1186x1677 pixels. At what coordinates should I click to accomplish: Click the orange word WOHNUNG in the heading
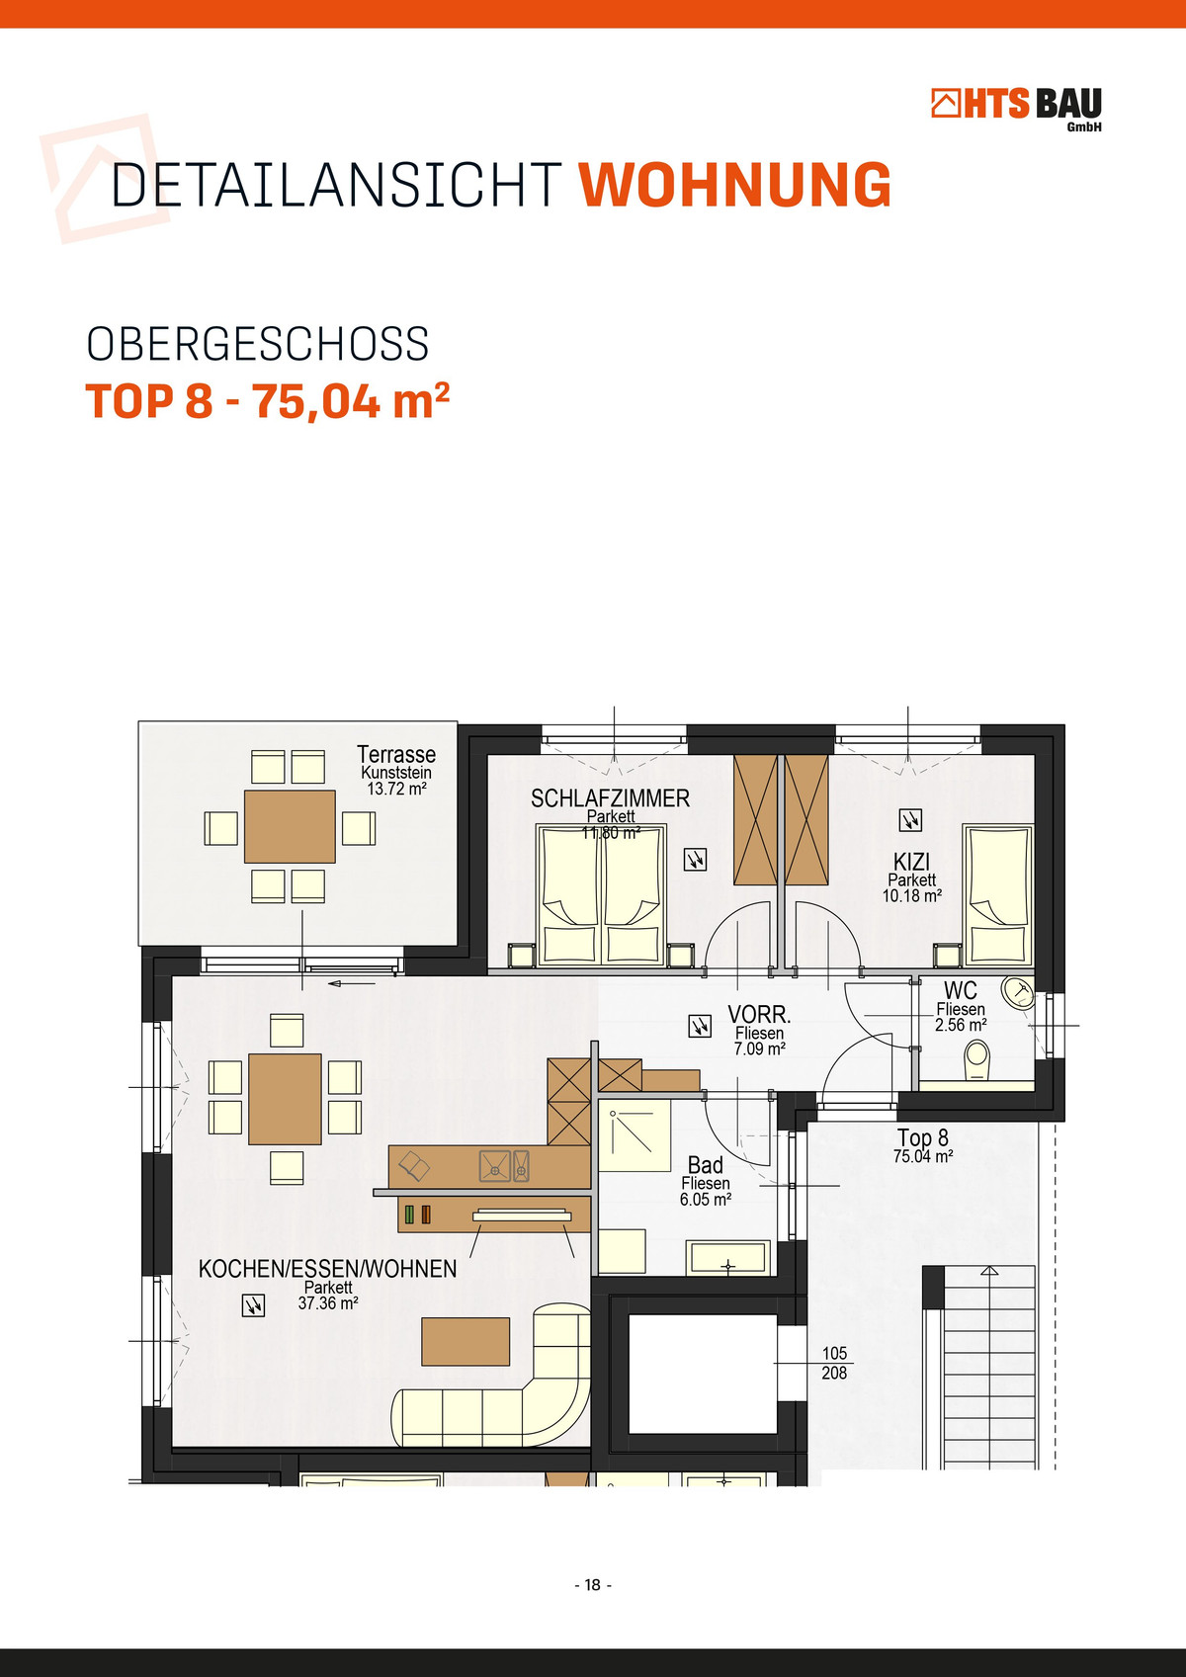tap(734, 184)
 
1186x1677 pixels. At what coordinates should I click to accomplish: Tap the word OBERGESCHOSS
tap(258, 344)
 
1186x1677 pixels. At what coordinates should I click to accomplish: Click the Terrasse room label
tap(396, 754)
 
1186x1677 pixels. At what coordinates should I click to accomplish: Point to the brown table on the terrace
tap(290, 826)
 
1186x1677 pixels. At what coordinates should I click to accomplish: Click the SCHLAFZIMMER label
tap(610, 798)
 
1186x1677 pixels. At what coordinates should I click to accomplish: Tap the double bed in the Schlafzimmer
tap(601, 894)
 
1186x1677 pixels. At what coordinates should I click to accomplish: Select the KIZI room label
tap(911, 862)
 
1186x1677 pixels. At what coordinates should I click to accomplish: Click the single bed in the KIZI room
tap(998, 895)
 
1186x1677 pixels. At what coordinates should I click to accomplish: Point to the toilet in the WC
tap(977, 1061)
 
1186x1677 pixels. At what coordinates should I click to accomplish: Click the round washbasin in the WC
tap(1018, 993)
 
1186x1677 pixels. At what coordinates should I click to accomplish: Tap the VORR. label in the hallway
tap(759, 1015)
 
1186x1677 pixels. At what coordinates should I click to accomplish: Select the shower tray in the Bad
tap(635, 1135)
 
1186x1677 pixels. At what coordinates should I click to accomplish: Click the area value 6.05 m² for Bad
tap(706, 1200)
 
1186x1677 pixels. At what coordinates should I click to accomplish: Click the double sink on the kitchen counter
tap(504, 1166)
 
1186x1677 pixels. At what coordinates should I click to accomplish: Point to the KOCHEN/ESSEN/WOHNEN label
tap(327, 1269)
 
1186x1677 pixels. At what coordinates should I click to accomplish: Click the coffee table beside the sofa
tap(466, 1342)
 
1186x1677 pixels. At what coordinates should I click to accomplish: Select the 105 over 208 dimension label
tap(835, 1363)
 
